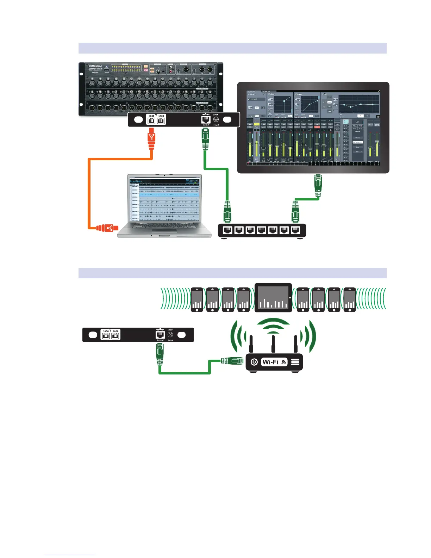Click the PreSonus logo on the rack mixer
pyautogui.click(x=95, y=66)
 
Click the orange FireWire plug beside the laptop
pyautogui.click(x=106, y=228)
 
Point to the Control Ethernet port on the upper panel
pyautogui.click(x=206, y=119)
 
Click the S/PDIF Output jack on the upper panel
pyautogui.click(x=216, y=119)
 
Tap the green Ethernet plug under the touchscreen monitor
pyautogui.click(x=318, y=185)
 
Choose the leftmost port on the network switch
pyautogui.click(x=228, y=230)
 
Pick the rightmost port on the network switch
pyautogui.click(x=295, y=230)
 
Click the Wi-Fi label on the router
pyautogui.click(x=270, y=362)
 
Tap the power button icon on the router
pyautogui.click(x=254, y=362)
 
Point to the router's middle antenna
pyautogui.click(x=273, y=343)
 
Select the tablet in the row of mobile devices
pyautogui.click(x=273, y=298)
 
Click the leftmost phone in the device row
pyautogui.click(x=197, y=300)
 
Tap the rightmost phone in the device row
pyautogui.click(x=349, y=300)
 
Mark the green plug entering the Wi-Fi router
pyautogui.click(x=232, y=360)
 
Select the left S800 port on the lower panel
pyautogui.click(x=106, y=335)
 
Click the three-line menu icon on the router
pyautogui.click(x=295, y=362)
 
